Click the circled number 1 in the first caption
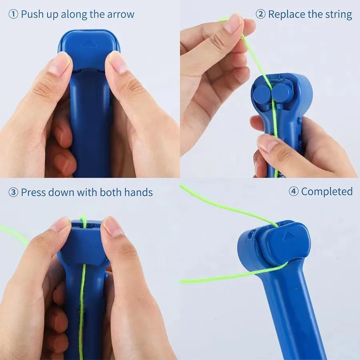(13, 15)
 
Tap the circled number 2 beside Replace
(260, 15)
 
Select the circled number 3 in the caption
(13, 192)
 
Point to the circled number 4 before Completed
(294, 192)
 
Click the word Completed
(327, 192)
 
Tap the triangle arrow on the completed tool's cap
(288, 236)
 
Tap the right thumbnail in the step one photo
(118, 62)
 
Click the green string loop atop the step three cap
(83, 220)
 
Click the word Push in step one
(32, 15)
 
